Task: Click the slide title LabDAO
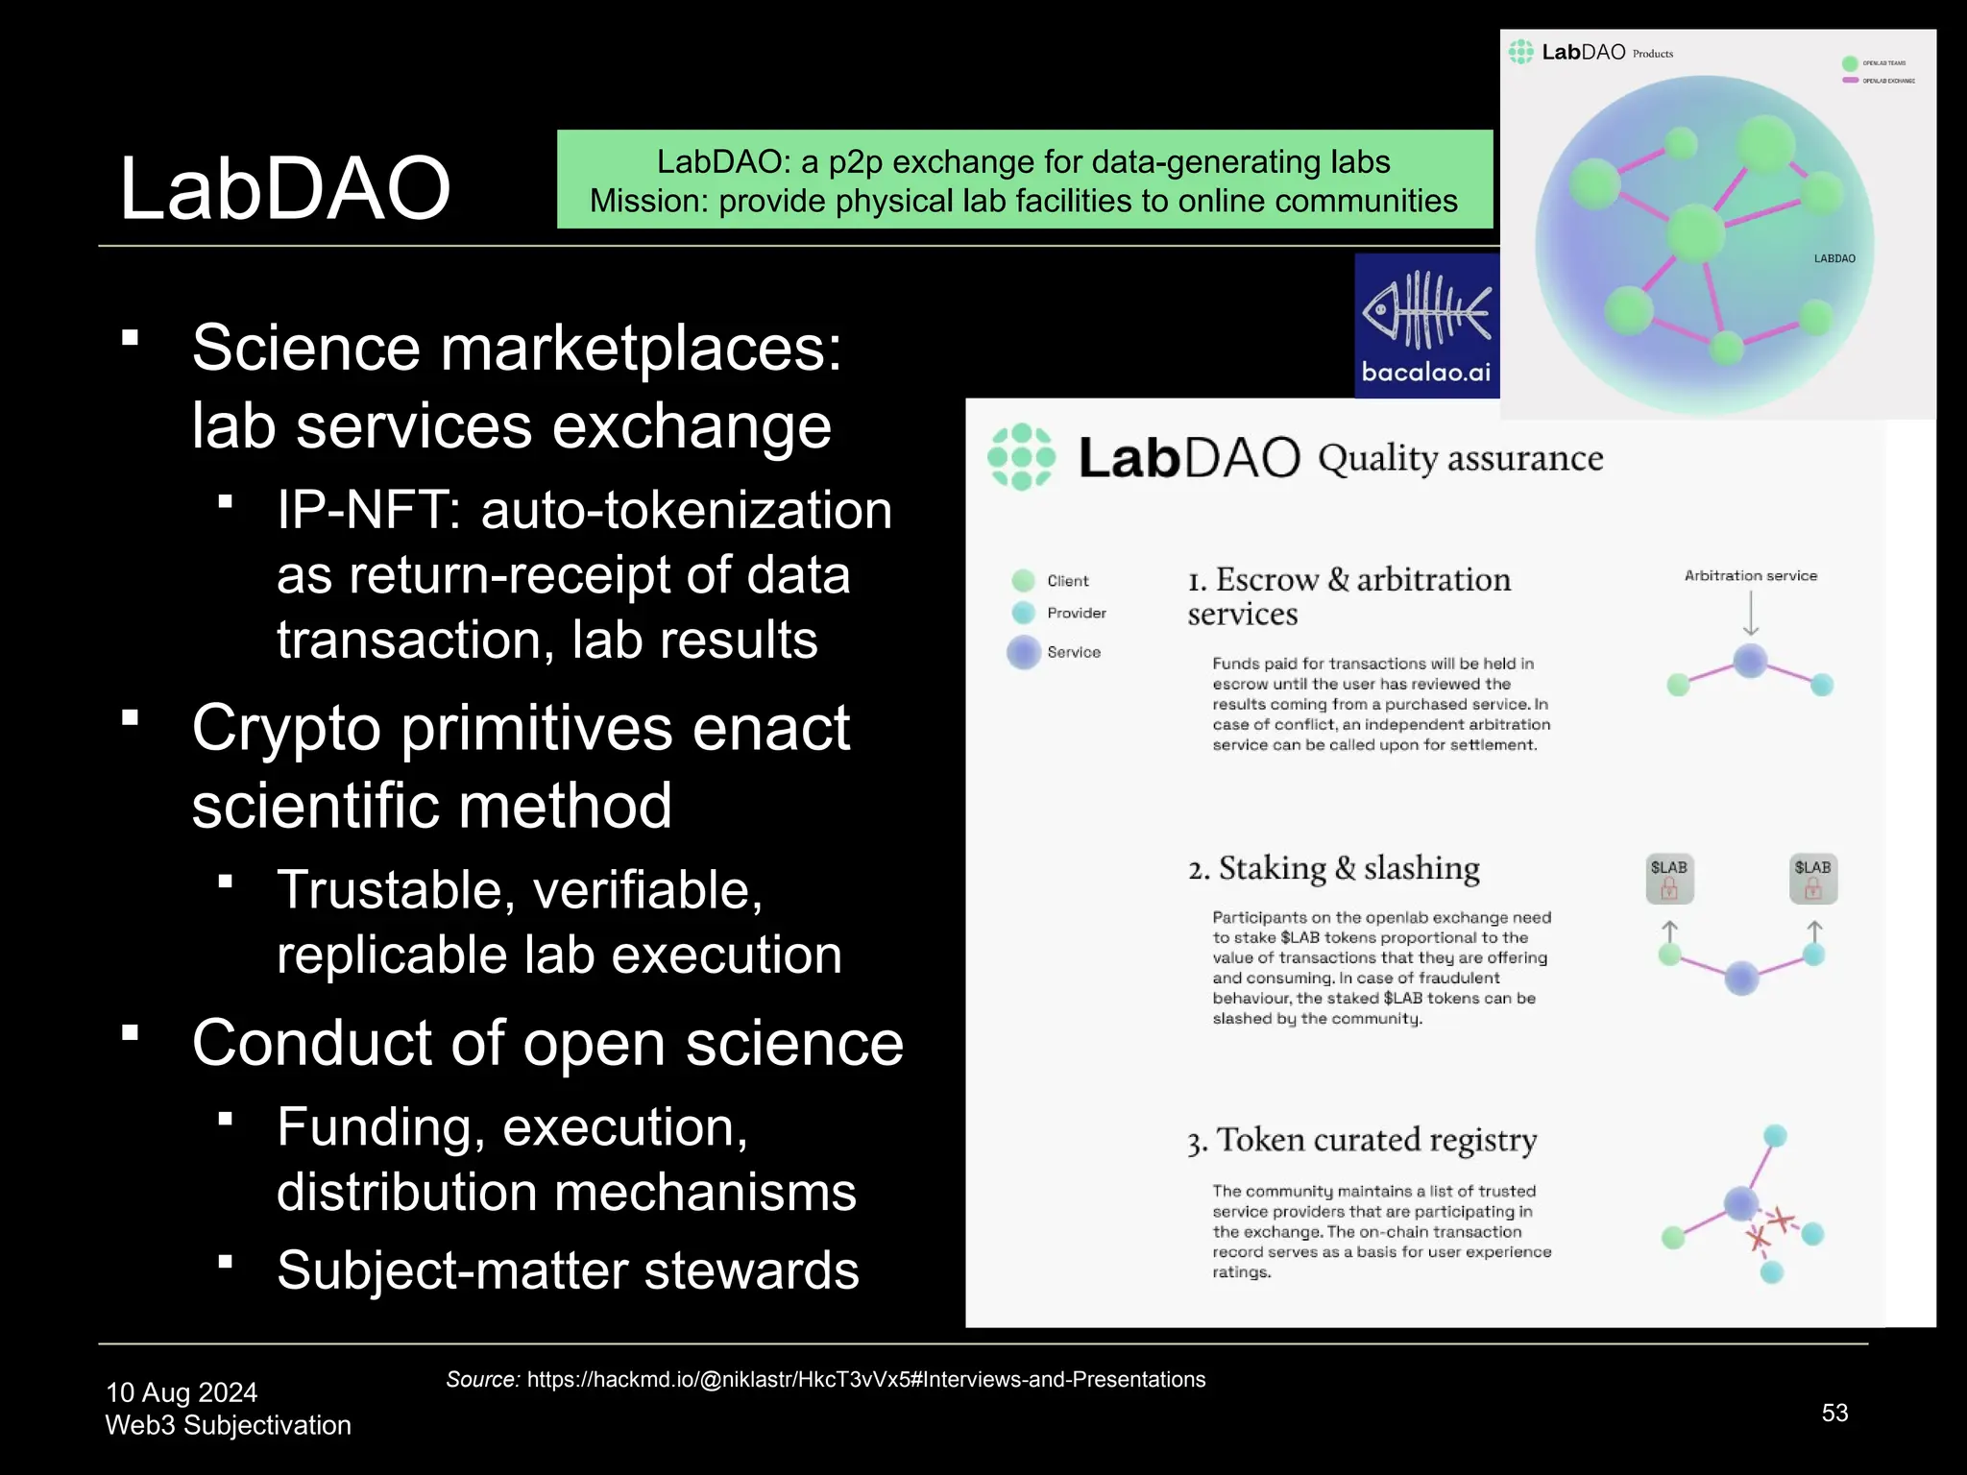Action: (284, 189)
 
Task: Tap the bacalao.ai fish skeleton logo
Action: (1427, 311)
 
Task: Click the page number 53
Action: (1834, 1413)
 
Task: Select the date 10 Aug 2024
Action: (182, 1392)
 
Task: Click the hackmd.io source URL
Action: (865, 1380)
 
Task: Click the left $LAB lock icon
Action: (1669, 879)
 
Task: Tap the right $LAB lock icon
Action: (1813, 879)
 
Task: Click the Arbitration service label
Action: (1750, 575)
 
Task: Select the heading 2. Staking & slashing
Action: (1334, 868)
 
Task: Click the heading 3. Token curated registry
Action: (1362, 1140)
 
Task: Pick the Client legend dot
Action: (1024, 580)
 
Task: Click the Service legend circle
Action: (1024, 652)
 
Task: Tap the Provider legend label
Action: (1076, 613)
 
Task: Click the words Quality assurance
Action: (1460, 458)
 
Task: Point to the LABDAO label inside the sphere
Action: (1833, 258)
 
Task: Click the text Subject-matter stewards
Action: (568, 1270)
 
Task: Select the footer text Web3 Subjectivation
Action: (228, 1425)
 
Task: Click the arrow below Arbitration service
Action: (1751, 614)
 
